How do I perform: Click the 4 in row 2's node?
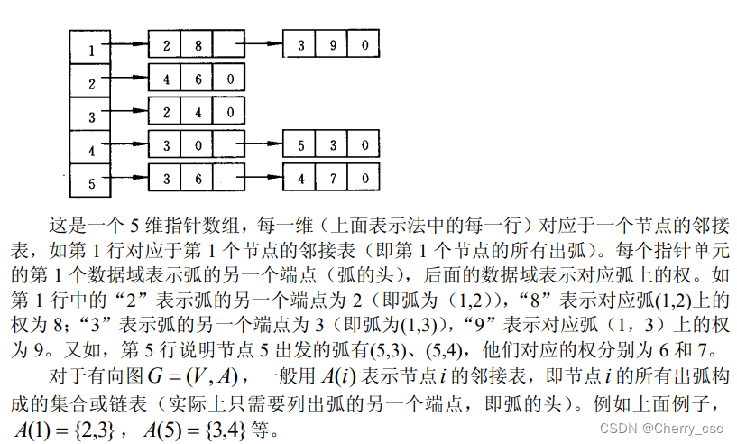point(166,79)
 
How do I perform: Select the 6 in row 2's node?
point(198,79)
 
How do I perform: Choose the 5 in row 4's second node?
point(300,144)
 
